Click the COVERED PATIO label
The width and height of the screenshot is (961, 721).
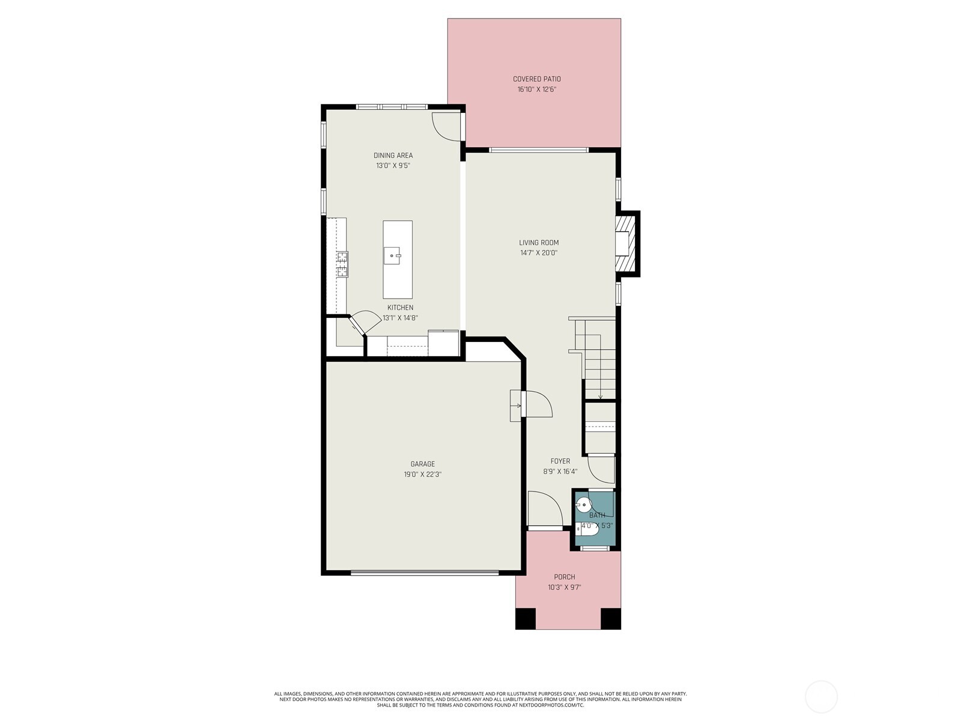click(537, 79)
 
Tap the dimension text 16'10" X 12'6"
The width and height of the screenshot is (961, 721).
click(537, 90)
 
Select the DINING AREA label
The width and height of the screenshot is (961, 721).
click(393, 156)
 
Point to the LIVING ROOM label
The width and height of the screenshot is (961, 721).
click(539, 243)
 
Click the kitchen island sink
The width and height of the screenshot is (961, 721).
click(392, 256)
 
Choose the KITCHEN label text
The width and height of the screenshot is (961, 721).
click(400, 308)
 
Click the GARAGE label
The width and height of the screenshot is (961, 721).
click(422, 464)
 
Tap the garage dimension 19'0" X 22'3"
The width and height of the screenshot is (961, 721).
click(422, 475)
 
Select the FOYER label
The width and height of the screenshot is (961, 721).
click(560, 461)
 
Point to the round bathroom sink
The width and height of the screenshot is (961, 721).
click(584, 505)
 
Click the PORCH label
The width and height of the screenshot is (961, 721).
click(565, 577)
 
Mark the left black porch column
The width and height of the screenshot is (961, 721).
click(526, 619)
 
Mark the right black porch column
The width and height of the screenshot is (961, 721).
click(611, 619)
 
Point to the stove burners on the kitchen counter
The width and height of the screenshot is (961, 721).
click(342, 264)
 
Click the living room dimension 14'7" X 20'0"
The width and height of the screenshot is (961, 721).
click(539, 253)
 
